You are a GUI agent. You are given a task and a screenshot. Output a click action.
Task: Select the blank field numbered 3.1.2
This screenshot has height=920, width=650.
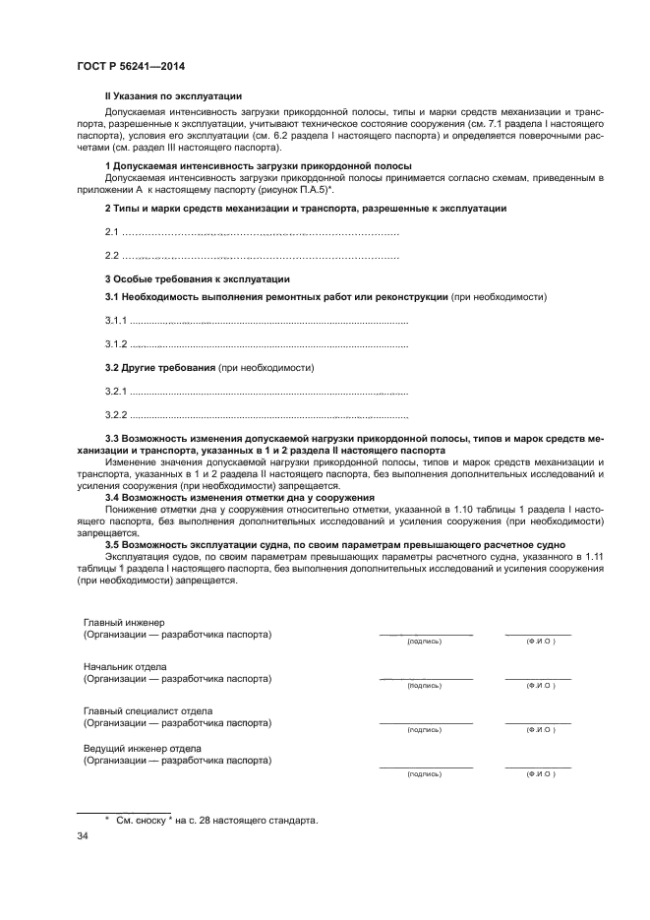click(x=268, y=344)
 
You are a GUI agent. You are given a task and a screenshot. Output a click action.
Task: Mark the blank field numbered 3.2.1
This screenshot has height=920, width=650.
click(x=268, y=392)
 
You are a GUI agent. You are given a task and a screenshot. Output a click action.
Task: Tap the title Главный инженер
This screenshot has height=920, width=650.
click(x=125, y=623)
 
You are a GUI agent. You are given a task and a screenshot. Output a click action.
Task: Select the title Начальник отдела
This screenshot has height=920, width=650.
click(x=125, y=666)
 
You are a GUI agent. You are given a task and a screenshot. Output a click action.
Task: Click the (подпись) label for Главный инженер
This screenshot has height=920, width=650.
click(x=425, y=642)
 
